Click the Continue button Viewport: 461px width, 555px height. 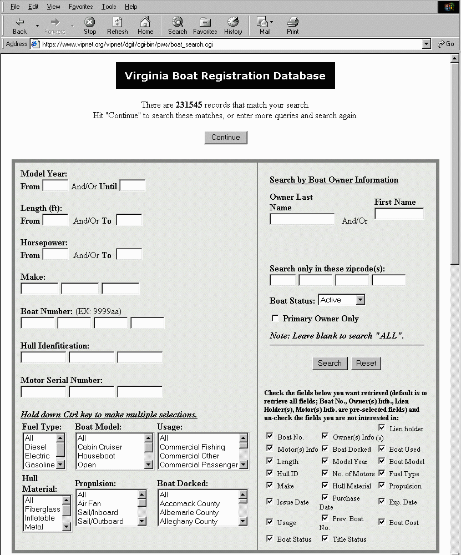click(225, 138)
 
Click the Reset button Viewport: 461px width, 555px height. click(366, 364)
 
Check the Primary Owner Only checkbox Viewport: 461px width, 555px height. click(275, 319)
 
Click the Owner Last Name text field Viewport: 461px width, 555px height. click(302, 220)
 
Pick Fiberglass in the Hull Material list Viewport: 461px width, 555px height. click(42, 509)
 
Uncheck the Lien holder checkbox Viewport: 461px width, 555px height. click(382, 428)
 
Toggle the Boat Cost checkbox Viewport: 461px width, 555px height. click(382, 522)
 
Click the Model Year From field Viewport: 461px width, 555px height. click(55, 186)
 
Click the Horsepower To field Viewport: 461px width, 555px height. click(129, 255)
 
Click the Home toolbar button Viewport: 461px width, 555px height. click(145, 26)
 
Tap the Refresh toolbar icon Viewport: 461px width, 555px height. click(117, 26)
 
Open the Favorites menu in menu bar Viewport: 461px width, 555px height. click(81, 7)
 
